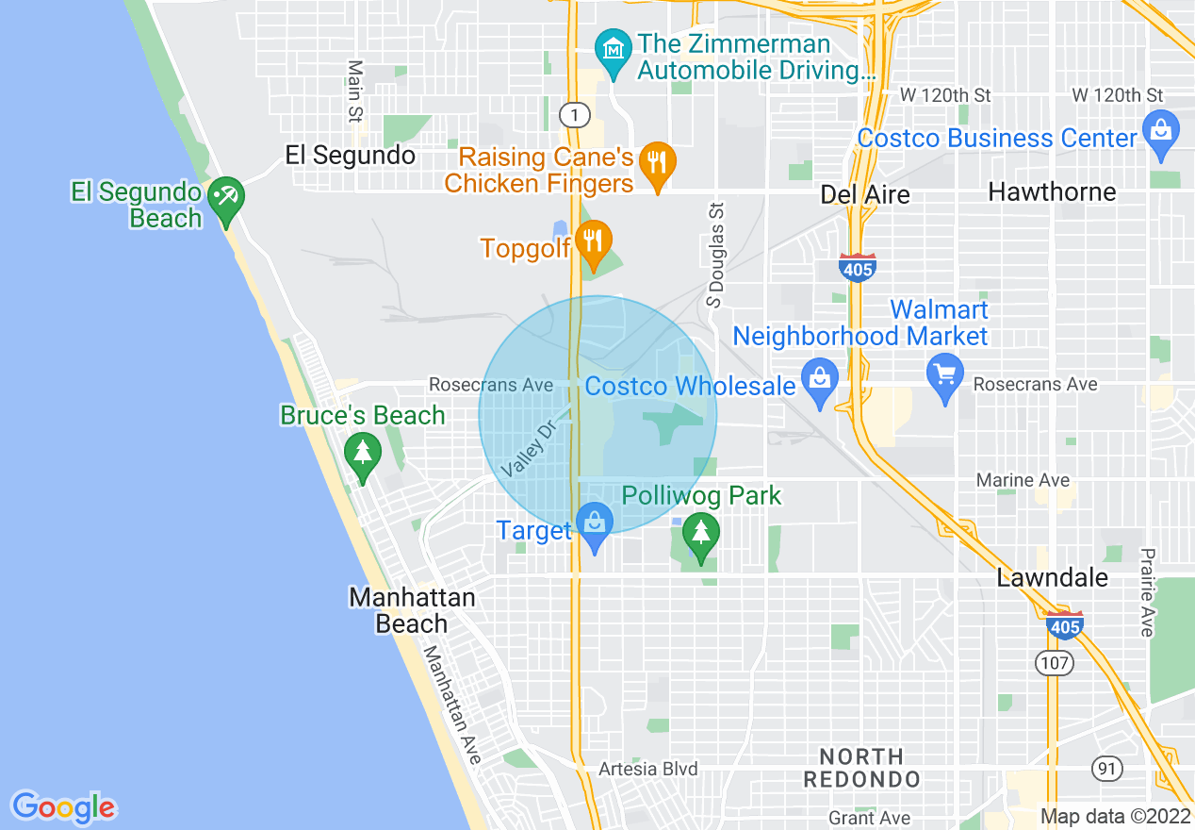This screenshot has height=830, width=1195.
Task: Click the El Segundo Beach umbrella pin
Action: (x=226, y=198)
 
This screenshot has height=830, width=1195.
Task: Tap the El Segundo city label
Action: (x=351, y=156)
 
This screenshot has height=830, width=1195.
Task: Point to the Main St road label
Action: (x=355, y=91)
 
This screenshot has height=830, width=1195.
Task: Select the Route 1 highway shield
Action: (x=574, y=115)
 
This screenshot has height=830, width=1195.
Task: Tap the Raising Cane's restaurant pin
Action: (x=657, y=163)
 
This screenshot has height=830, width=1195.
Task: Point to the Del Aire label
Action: (x=865, y=194)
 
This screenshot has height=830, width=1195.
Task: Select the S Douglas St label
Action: (x=716, y=255)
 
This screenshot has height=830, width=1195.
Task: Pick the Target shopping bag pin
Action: (x=595, y=524)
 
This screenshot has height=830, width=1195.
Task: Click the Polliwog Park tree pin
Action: (x=700, y=534)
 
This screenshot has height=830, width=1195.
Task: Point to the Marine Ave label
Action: (x=1023, y=481)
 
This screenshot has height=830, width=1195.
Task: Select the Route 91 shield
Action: (x=1107, y=769)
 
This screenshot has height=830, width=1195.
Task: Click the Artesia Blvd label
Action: (x=648, y=769)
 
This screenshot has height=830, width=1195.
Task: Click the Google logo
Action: (x=63, y=807)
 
